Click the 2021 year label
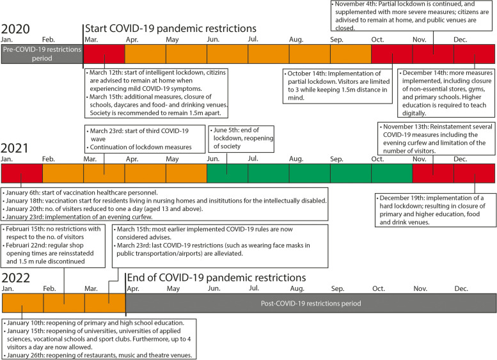[x=16, y=148]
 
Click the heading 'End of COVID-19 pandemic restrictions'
[x=216, y=278]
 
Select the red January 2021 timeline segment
[x=22, y=173]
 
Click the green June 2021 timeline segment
[x=227, y=173]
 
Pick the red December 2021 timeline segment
[x=475, y=173]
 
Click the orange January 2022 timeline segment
[x=22, y=303]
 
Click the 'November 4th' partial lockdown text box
[x=413, y=15]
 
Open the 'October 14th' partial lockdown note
[x=337, y=86]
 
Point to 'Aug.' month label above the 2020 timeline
[x=296, y=40]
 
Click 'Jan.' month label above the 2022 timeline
[x=8, y=289]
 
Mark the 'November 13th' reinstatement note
[x=436, y=139]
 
